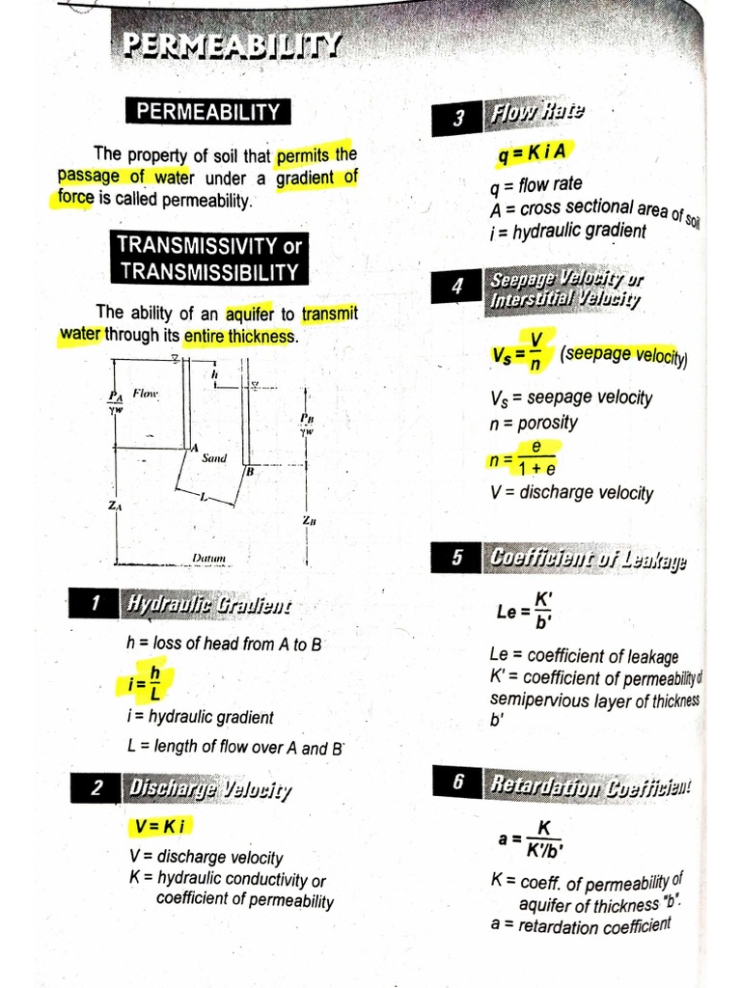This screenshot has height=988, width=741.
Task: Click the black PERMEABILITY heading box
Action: pyautogui.click(x=207, y=112)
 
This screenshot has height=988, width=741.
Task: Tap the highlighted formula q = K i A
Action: pyautogui.click(x=532, y=152)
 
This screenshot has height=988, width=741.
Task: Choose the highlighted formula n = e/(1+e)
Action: pyautogui.click(x=522, y=459)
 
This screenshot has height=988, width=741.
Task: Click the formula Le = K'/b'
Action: pyautogui.click(x=526, y=610)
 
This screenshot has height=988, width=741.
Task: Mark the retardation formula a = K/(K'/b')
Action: pyautogui.click(x=531, y=838)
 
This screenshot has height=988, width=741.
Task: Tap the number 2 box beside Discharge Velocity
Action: pyautogui.click(x=96, y=788)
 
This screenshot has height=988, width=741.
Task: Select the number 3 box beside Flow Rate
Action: pyautogui.click(x=459, y=118)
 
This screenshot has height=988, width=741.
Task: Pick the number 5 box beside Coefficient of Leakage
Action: pyautogui.click(x=457, y=558)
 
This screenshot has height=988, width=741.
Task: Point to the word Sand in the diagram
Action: pyautogui.click(x=214, y=458)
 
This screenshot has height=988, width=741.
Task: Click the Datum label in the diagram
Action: pyautogui.click(x=208, y=558)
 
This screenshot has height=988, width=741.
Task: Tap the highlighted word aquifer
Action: pyautogui.click(x=249, y=314)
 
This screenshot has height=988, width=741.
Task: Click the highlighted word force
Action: pyautogui.click(x=74, y=199)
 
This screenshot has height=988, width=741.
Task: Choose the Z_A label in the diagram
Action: pyautogui.click(x=115, y=506)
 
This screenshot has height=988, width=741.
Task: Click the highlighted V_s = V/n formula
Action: pyautogui.click(x=520, y=352)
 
